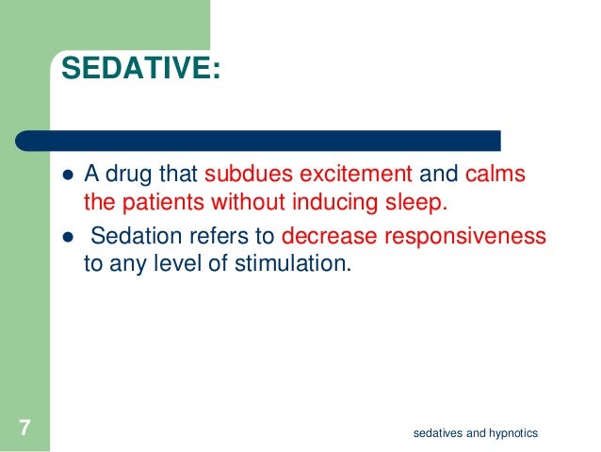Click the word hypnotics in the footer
click(x=511, y=433)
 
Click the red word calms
click(x=496, y=175)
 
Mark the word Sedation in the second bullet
click(x=130, y=233)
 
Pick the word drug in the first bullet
click(x=128, y=176)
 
